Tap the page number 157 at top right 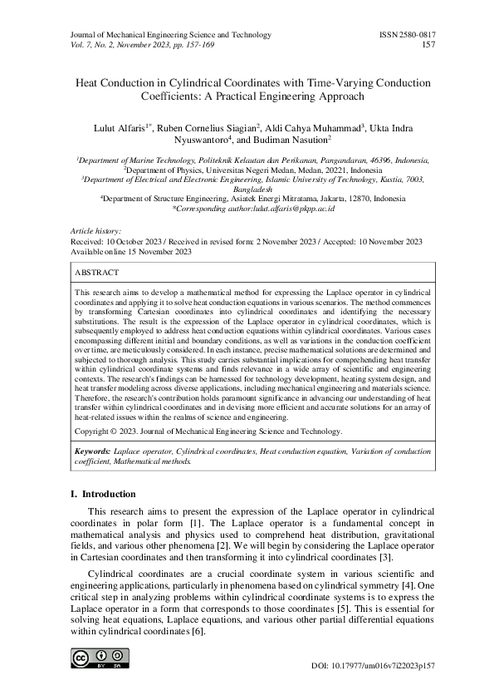429,45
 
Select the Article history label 95,230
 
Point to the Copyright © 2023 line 208,432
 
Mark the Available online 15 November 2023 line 131,250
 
